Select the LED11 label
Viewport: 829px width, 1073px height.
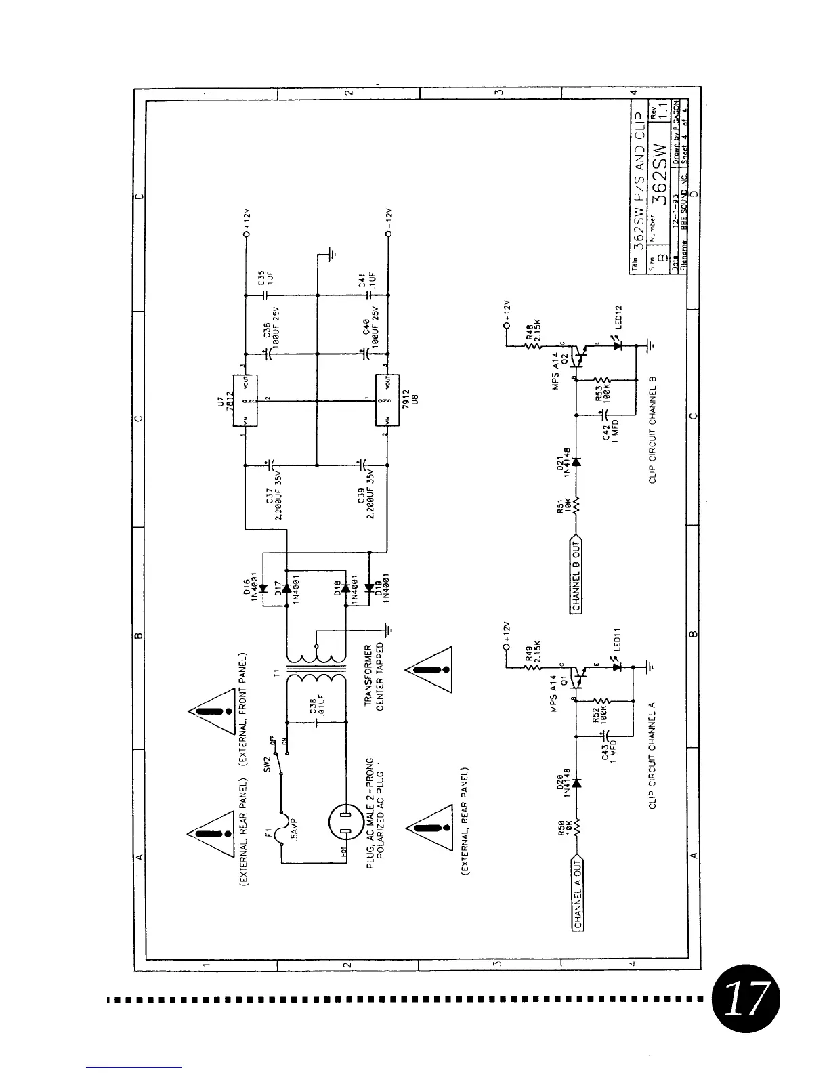pyautogui.click(x=617, y=640)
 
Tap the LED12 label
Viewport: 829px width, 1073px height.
pyautogui.click(x=617, y=320)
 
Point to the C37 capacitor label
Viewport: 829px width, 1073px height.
pyautogui.click(x=273, y=505)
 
